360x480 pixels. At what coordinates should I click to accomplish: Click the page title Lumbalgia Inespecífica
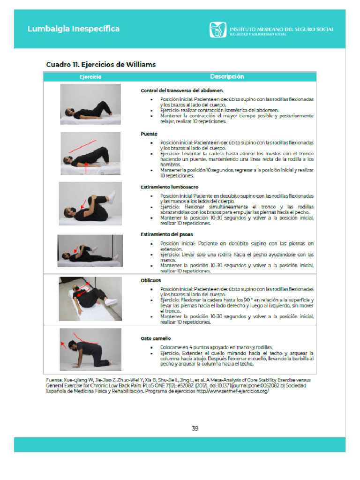point(73,29)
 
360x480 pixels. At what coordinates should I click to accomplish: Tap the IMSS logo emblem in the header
point(217,30)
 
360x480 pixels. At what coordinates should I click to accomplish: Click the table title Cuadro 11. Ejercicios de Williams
point(101,64)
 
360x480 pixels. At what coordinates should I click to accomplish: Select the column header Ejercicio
point(90,76)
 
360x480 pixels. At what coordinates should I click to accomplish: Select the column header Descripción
point(227,76)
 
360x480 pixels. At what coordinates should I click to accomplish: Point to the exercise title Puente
point(149,134)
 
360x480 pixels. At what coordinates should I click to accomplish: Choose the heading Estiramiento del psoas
point(167,234)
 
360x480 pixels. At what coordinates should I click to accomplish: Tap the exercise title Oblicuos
point(151,280)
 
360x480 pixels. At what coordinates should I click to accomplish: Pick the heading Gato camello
point(156,338)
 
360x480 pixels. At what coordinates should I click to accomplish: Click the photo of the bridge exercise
point(90,153)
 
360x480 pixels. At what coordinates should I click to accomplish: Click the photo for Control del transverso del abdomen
point(90,104)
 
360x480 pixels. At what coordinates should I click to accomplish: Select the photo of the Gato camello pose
point(90,349)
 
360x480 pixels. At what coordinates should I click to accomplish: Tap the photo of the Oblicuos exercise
point(90,298)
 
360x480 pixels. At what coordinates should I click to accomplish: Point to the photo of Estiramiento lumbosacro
point(90,203)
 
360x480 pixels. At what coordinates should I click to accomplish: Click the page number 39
point(195,428)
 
